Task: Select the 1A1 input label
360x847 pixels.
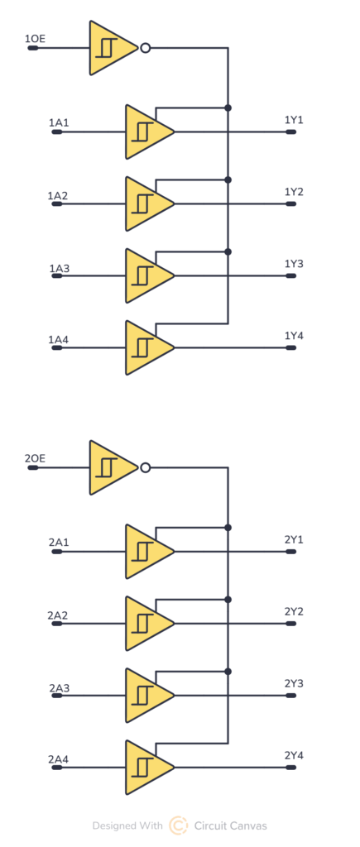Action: pos(59,123)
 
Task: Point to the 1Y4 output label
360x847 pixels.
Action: pos(294,336)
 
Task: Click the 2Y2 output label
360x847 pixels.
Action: pos(294,611)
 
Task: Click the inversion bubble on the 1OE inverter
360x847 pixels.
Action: pos(146,49)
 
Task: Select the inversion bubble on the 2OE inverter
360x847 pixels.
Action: pos(146,468)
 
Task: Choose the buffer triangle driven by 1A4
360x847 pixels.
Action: pos(147,347)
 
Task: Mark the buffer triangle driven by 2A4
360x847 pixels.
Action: pos(147,767)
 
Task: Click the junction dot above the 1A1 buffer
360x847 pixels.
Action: pos(228,108)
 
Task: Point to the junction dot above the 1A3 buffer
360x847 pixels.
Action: pos(228,251)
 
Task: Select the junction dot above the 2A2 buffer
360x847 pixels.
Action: pos(228,599)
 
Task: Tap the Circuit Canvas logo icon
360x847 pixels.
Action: pos(178,825)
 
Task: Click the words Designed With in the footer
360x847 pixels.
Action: pos(127,825)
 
